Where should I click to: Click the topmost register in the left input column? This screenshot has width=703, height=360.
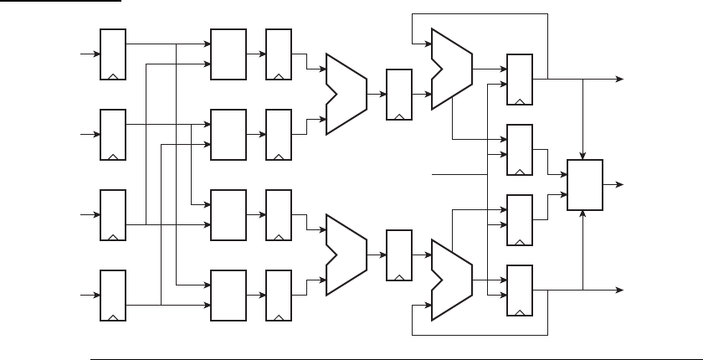[113, 54]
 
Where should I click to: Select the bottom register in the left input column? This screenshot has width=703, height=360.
[113, 295]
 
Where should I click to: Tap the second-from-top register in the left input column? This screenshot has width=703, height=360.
[113, 134]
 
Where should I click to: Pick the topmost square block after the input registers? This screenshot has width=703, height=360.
[228, 54]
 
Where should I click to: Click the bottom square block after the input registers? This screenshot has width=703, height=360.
[228, 295]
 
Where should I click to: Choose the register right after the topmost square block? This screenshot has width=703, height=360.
[278, 54]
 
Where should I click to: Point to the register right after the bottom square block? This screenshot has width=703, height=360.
[278, 295]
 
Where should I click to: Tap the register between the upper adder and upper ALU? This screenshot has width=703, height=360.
[398, 94]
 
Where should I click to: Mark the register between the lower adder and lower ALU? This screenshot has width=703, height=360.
[398, 255]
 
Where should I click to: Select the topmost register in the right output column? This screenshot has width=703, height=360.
[520, 79]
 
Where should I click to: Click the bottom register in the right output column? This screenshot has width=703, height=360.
[520, 290]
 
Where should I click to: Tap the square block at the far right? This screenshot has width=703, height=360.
[585, 184]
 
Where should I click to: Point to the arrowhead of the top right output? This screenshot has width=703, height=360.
[620, 79]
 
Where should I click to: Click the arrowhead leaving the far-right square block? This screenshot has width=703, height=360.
[620, 184]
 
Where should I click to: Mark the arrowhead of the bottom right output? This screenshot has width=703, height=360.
[620, 290]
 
